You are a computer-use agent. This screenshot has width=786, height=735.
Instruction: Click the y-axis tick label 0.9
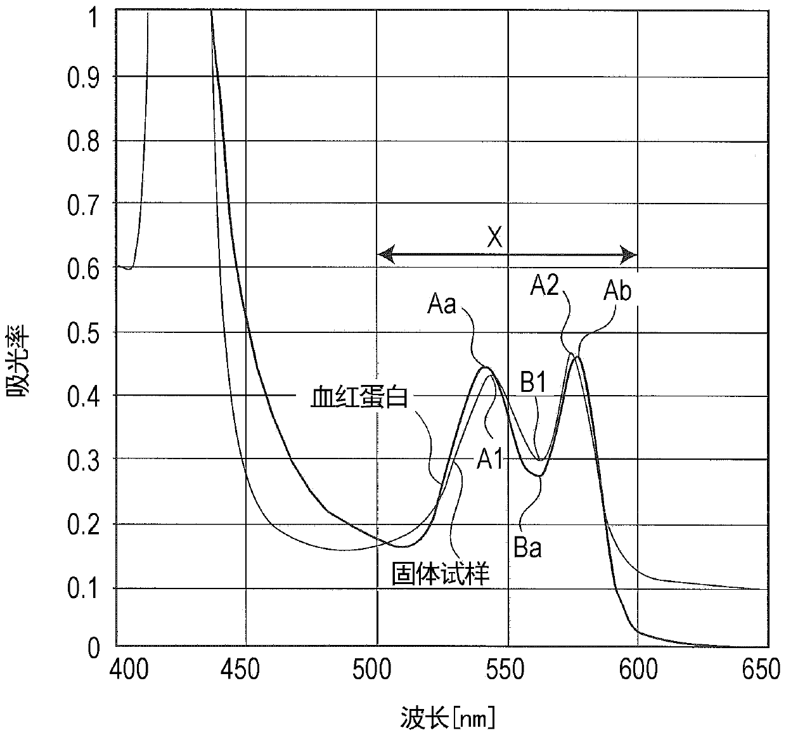pos(83,77)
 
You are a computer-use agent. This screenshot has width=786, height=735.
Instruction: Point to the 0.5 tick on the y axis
pos(83,334)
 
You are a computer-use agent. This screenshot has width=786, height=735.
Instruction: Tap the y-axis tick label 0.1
pos(83,590)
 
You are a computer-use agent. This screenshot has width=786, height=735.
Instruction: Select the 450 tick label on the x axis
pos(240,670)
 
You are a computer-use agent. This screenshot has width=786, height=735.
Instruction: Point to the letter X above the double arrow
pos(494,237)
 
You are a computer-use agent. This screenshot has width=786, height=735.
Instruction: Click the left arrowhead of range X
pos(386,254)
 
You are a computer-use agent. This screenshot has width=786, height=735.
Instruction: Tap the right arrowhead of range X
pos(629,254)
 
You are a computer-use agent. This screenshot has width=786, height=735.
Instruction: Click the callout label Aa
pos(442,304)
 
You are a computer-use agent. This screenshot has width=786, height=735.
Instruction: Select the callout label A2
pos(544,285)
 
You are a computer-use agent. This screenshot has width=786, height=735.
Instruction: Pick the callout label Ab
pos(617,291)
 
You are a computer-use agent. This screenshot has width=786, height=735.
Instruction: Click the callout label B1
pos(533,382)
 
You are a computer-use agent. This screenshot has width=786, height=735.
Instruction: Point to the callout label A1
pos(489,460)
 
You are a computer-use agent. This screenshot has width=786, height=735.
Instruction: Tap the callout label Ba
pos(527,548)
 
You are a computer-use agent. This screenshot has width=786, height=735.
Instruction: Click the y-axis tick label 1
pos(93,18)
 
